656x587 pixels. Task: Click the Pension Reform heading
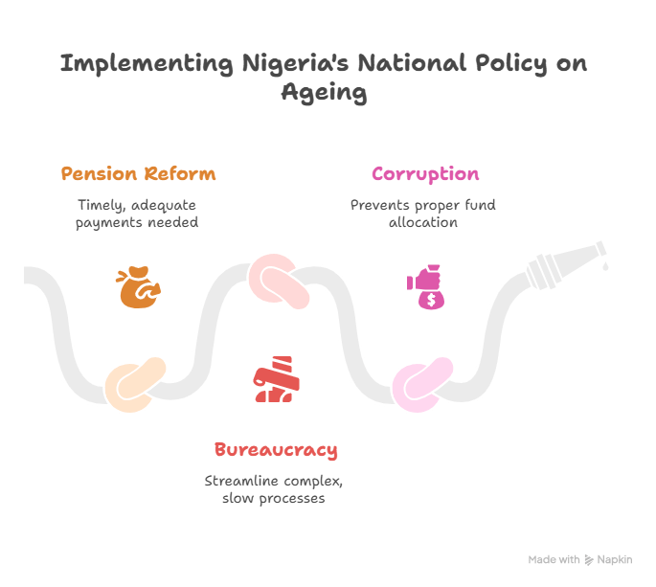[x=138, y=174]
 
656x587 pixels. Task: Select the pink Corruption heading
[x=425, y=174]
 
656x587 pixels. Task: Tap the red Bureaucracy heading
[x=276, y=450]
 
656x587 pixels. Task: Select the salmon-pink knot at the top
[x=280, y=282]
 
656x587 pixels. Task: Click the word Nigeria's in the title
[x=292, y=65]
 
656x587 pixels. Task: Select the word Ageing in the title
[x=325, y=94]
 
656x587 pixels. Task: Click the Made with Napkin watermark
[x=584, y=559]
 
